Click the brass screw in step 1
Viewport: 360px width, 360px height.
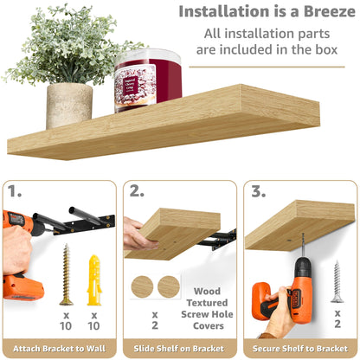(66, 273)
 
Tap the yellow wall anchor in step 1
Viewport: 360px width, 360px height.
(94, 278)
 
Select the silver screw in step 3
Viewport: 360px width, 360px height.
(337, 281)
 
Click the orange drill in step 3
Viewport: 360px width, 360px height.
(286, 290)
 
